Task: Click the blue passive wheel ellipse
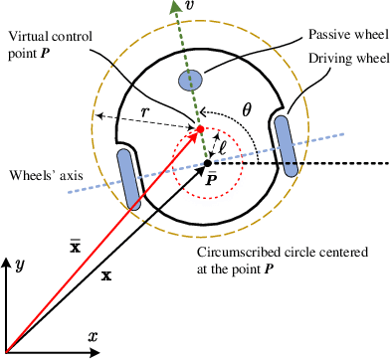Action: (188, 78)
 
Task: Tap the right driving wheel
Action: (286, 147)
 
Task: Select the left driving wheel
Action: (131, 175)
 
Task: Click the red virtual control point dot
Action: (199, 130)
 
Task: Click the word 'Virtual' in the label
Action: (28, 37)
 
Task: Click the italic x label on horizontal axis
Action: (93, 337)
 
